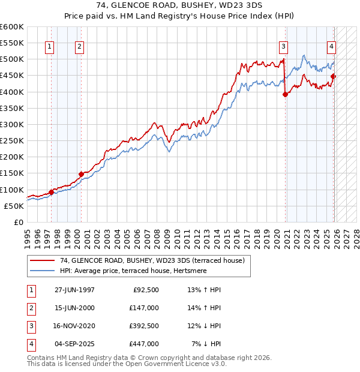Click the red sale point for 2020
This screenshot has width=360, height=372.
pyautogui.click(x=286, y=94)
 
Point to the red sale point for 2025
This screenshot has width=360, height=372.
pyautogui.click(x=334, y=76)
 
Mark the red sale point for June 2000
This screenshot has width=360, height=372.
pyautogui.click(x=80, y=174)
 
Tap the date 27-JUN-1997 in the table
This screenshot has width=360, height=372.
pyautogui.click(x=74, y=290)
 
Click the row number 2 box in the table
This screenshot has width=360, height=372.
pyautogui.click(x=31, y=308)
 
